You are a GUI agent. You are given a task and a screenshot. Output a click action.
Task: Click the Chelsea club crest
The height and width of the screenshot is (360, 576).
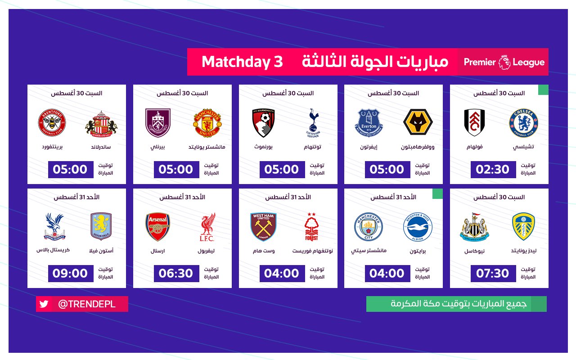523,123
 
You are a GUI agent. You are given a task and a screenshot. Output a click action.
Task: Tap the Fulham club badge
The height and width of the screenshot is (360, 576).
474,122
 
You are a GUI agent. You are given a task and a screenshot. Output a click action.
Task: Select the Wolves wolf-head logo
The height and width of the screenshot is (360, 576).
418,122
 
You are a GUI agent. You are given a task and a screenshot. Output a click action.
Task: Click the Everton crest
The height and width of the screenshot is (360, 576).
369,123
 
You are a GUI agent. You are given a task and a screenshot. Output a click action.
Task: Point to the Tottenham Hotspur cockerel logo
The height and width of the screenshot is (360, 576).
313,123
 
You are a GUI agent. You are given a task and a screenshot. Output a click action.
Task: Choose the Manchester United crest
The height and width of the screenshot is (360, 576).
207,123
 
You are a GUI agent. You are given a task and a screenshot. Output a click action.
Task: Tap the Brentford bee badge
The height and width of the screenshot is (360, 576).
52,122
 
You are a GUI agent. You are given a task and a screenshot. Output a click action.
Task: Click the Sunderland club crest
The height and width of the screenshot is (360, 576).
101,124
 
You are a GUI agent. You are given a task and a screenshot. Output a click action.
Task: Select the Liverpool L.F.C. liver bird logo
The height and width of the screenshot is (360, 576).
207,227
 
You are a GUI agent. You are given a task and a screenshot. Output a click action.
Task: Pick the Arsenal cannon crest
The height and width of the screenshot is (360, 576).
157,226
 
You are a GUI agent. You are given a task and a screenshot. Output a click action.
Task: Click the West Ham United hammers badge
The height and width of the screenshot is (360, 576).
263,226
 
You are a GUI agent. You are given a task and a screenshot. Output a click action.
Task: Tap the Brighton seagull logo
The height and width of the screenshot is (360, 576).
418,227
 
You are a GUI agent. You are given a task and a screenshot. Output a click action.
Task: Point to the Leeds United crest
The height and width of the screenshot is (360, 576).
523,226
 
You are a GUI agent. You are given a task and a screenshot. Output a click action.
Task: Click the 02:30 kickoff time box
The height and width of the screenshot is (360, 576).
493,170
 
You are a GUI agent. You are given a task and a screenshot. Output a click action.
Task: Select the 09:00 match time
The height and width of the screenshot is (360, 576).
71,273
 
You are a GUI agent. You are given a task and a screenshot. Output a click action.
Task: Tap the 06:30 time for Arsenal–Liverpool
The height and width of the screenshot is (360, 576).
176,273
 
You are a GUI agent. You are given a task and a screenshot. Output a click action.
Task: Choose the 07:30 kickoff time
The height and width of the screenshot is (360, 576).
493,273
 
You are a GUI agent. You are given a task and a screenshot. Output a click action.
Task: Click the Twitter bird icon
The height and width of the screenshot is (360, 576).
44,304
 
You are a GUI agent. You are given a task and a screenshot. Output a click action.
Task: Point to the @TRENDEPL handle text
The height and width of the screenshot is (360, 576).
87,304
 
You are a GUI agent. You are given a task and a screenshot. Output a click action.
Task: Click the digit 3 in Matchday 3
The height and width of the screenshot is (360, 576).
278,62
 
